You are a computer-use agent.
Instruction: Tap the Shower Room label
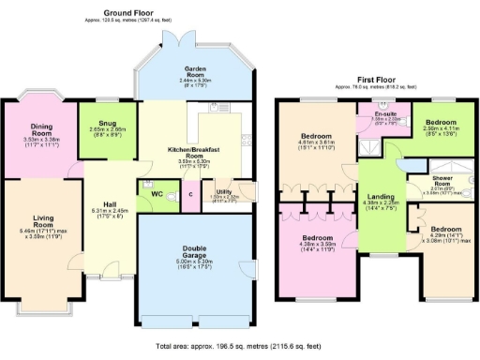click(x=443, y=180)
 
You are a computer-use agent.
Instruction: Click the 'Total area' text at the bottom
click(x=240, y=346)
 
